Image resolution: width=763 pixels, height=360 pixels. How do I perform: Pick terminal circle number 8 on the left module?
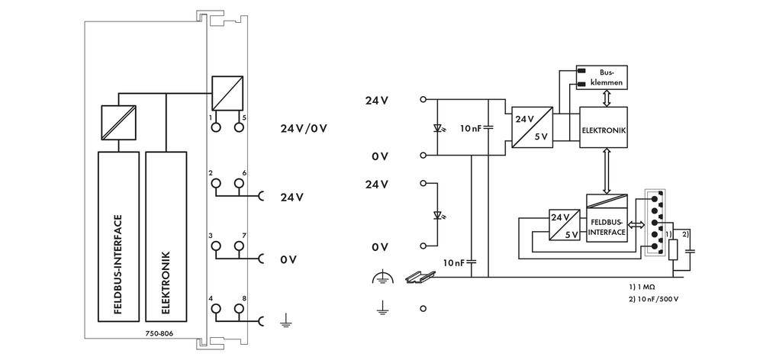coord(240,309)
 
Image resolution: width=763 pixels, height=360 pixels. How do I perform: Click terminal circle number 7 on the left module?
coord(240,246)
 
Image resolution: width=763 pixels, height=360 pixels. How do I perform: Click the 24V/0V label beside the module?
coord(303,127)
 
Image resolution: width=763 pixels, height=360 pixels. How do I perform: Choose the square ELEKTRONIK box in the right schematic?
coord(604,130)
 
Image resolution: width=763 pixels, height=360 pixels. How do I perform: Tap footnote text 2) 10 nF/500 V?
coord(654,298)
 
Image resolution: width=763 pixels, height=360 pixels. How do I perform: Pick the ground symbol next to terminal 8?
coord(283,322)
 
